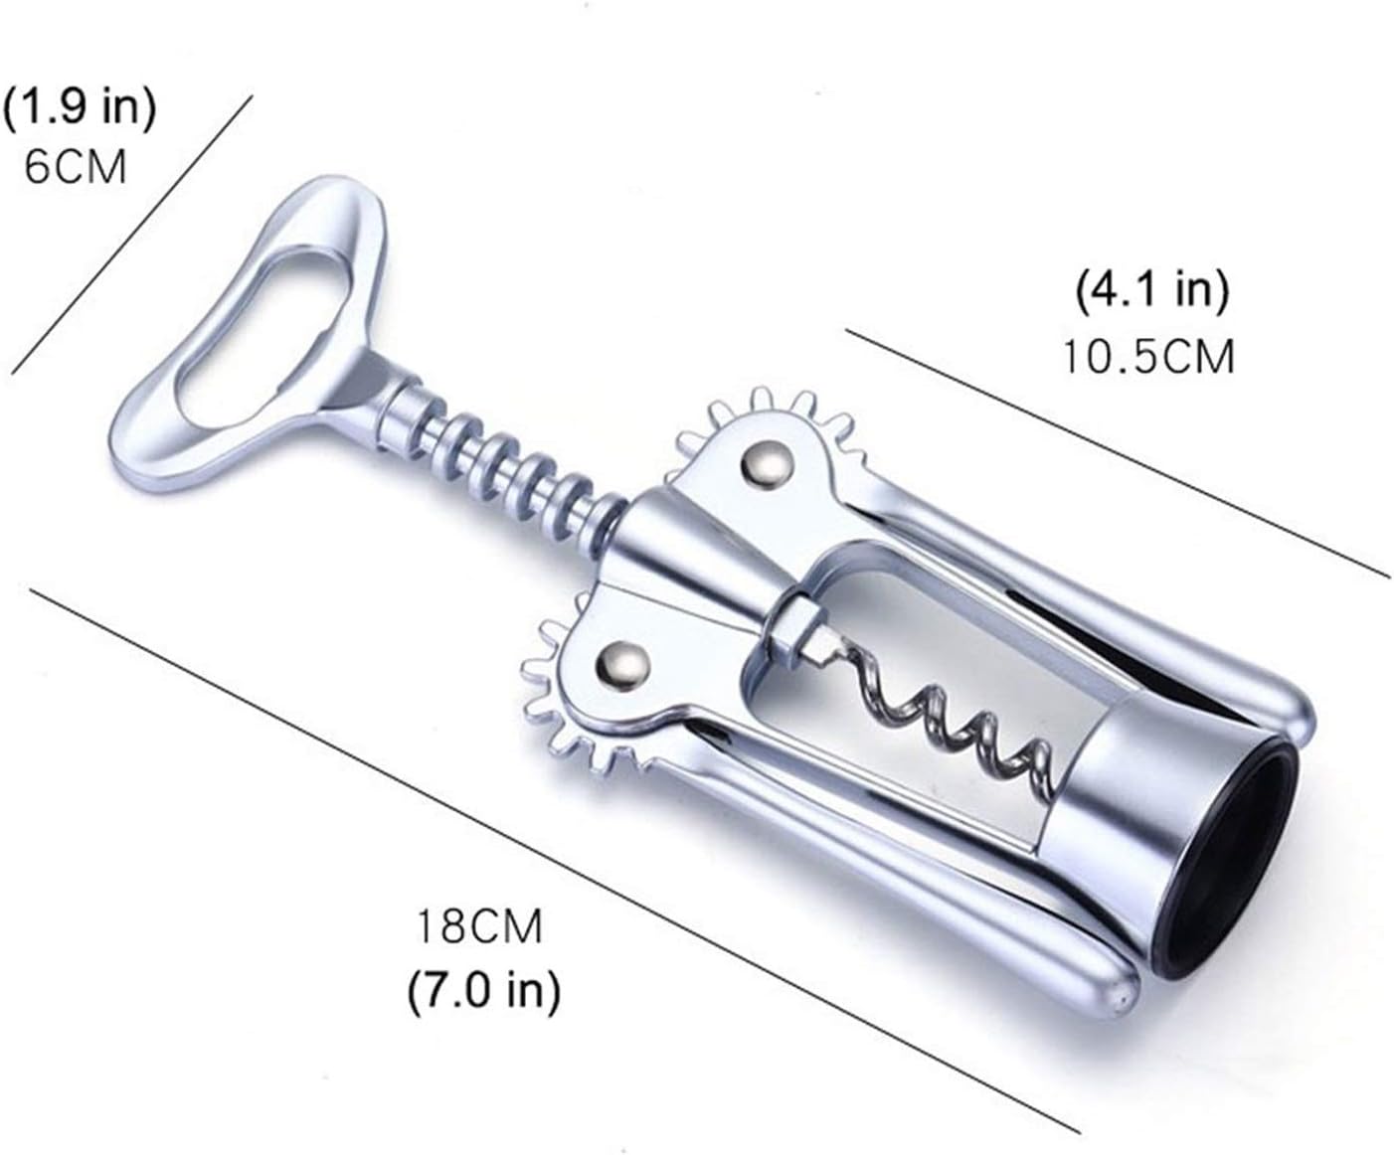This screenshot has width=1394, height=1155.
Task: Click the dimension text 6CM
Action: click(x=76, y=165)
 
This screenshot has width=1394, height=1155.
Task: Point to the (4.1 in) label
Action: click(x=1152, y=290)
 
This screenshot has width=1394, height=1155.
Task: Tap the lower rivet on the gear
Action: click(x=623, y=663)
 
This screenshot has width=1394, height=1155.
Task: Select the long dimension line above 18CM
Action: click(x=557, y=860)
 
